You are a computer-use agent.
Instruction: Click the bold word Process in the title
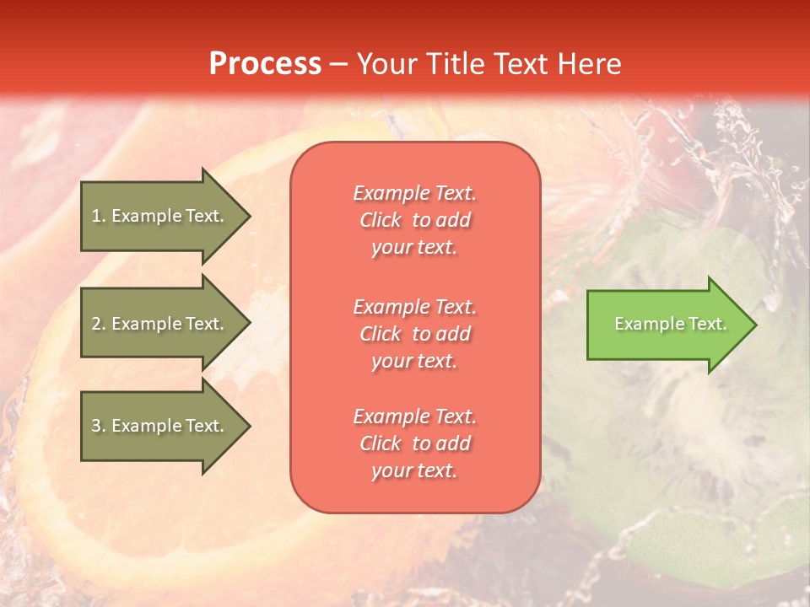pos(265,64)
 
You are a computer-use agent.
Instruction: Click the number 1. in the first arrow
pos(99,216)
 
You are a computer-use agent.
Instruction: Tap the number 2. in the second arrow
pos(99,324)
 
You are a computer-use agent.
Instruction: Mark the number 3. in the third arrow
pos(99,426)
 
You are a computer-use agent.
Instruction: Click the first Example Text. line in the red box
pos(414,193)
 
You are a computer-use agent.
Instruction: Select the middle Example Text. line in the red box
pos(414,306)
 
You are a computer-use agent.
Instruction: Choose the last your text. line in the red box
pos(414,471)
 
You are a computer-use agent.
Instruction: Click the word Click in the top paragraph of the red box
pos(380,220)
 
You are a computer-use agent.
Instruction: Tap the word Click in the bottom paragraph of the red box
pos(380,443)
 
